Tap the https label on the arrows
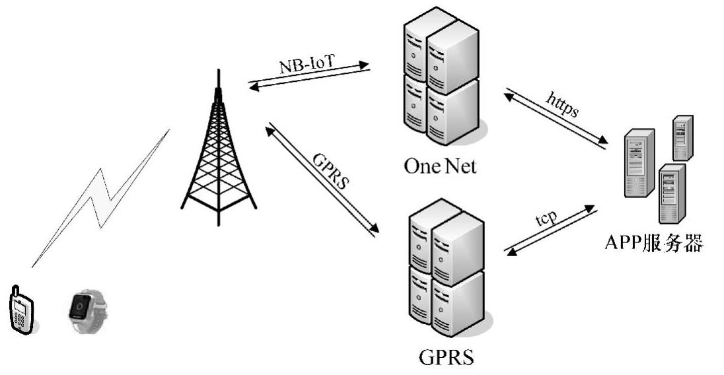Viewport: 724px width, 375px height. click(x=563, y=104)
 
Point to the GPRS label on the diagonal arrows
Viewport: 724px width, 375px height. click(x=328, y=170)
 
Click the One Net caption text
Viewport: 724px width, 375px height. click(x=440, y=165)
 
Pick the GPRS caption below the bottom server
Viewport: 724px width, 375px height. click(x=446, y=359)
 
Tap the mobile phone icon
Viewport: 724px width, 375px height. click(x=20, y=309)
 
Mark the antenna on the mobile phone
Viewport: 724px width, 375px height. click(x=14, y=290)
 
